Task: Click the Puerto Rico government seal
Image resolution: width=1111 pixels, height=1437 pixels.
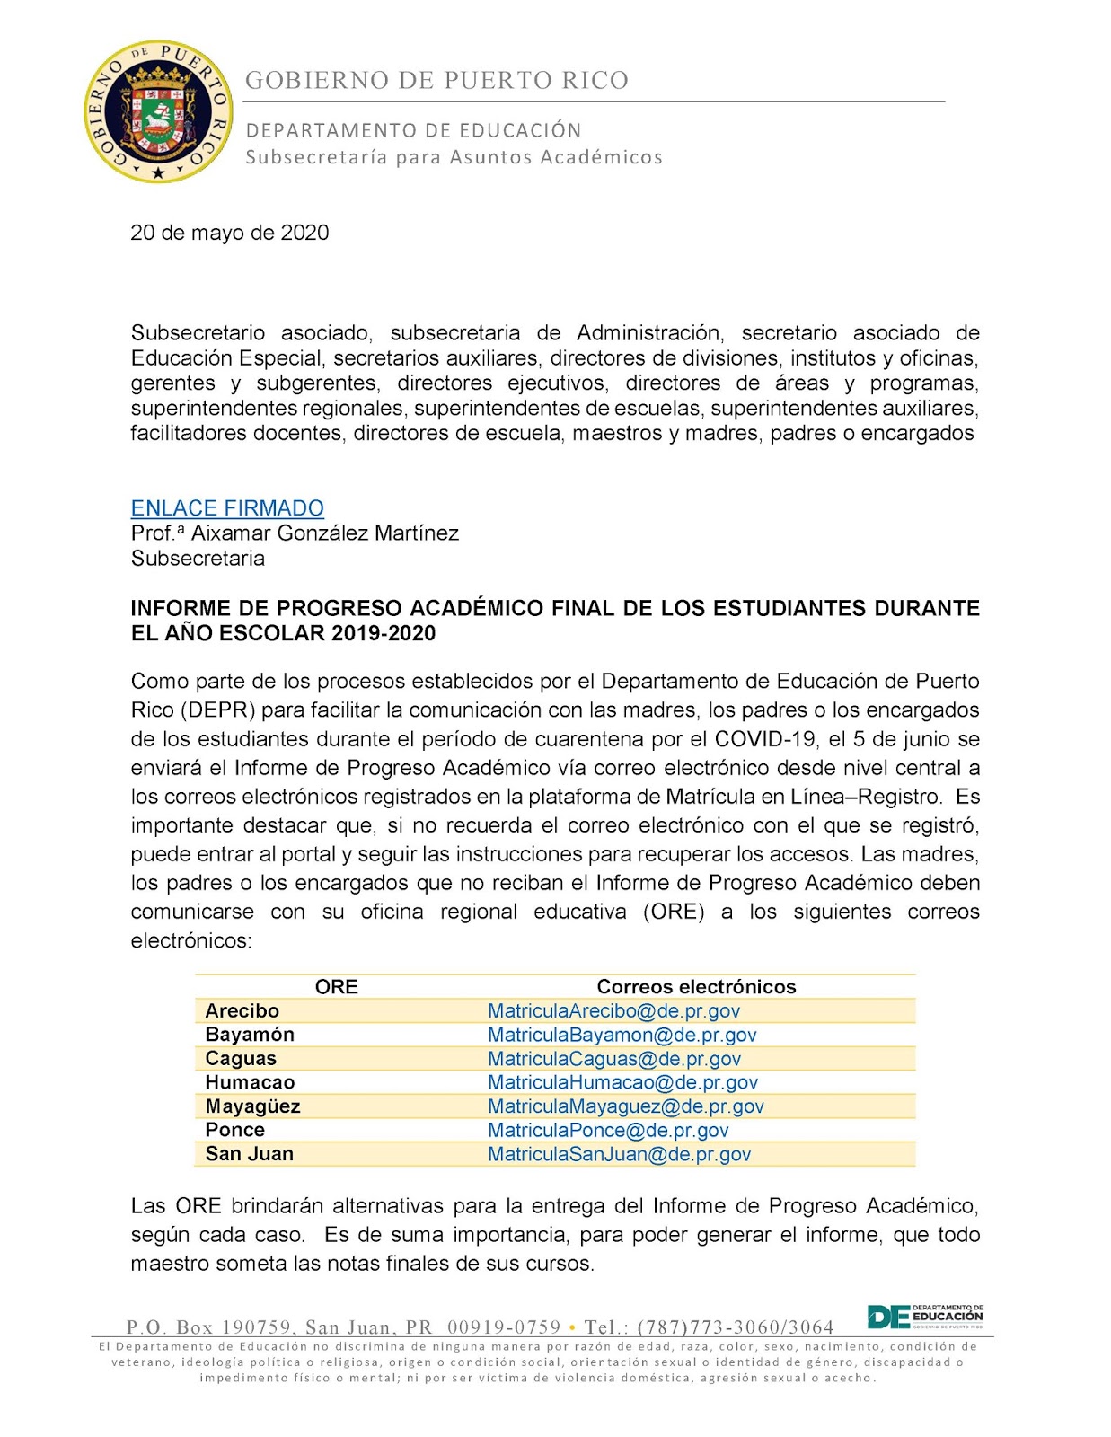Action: (158, 111)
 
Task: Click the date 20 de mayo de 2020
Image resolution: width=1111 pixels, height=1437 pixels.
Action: (230, 233)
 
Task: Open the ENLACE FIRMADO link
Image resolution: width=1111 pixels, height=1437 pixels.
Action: (227, 508)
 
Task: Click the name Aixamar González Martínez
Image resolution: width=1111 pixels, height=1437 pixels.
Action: (324, 533)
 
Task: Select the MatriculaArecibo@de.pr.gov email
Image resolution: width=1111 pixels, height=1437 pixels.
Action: (613, 1011)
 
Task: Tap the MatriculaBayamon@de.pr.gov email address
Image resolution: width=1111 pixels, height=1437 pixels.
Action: (622, 1035)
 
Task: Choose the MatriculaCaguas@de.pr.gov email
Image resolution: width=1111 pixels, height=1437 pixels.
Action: (613, 1059)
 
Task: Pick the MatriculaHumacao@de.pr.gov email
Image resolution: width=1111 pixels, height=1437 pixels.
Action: (622, 1082)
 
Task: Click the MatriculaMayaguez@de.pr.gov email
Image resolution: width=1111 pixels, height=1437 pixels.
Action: (625, 1106)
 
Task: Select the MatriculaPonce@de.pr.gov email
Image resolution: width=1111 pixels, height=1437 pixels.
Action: (608, 1130)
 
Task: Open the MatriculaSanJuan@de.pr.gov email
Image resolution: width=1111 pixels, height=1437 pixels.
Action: (619, 1154)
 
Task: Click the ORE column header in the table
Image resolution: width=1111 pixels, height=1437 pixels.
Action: (336, 987)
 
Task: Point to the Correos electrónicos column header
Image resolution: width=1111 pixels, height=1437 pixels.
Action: (696, 987)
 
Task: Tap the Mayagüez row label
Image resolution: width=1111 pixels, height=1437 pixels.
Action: (252, 1106)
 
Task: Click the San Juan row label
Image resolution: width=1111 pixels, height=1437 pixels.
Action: (249, 1154)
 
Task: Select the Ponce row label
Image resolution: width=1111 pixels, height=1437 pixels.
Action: (234, 1130)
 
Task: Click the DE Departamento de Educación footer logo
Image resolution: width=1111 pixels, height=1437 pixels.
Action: (924, 1317)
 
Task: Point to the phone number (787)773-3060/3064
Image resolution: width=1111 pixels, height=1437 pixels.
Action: (735, 1327)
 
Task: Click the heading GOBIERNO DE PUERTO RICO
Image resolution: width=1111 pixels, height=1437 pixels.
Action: (436, 81)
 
